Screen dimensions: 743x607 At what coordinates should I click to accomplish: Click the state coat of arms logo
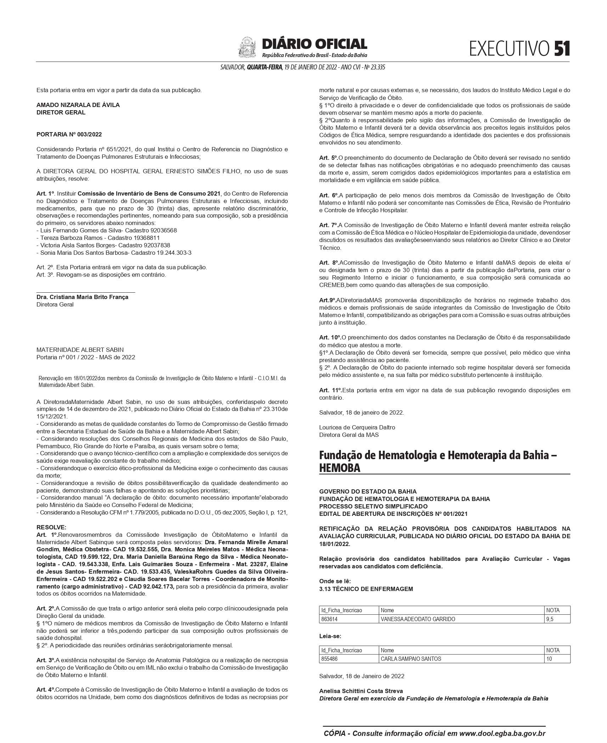pyautogui.click(x=247, y=47)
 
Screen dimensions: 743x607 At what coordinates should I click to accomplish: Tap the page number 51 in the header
pyautogui.click(x=562, y=49)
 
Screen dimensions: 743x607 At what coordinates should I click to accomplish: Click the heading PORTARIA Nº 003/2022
pyautogui.click(x=69, y=134)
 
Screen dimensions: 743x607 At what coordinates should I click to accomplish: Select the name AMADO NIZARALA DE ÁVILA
pyautogui.click(x=78, y=105)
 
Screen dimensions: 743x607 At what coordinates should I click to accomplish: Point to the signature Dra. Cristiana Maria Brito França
pyautogui.click(x=82, y=297)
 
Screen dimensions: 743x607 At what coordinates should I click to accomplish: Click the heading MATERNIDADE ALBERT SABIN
pyautogui.click(x=80, y=350)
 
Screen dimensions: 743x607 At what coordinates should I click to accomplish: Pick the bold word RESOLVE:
pyautogui.click(x=51, y=527)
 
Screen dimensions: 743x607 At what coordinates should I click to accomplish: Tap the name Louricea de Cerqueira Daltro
pyautogui.click(x=357, y=427)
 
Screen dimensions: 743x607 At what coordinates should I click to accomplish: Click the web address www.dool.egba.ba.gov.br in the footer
pyautogui.click(x=502, y=733)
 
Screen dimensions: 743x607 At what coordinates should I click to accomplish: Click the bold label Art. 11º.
pyautogui.click(x=330, y=390)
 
